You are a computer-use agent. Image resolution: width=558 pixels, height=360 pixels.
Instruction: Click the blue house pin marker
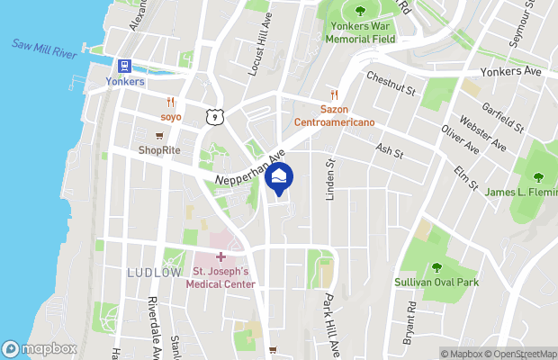point(281,178)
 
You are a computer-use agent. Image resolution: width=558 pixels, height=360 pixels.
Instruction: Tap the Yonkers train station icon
point(124,66)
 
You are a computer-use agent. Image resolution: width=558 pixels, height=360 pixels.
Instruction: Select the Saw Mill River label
point(42,47)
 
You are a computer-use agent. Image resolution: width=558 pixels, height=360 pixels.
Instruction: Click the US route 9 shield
point(213,116)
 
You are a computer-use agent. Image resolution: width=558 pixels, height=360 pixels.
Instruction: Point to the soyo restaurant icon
point(170,102)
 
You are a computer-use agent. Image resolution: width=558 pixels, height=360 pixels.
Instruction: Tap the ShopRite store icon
point(160,136)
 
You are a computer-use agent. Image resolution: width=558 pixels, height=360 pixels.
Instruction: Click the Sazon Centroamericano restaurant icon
point(333,94)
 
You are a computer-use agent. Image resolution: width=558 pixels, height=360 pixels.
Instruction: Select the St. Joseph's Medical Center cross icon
point(220,257)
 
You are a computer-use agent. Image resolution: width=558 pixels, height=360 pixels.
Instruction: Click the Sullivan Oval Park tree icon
point(436,267)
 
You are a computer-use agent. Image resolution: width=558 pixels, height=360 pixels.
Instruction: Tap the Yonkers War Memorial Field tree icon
point(360,11)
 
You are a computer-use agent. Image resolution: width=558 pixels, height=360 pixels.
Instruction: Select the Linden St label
point(330,176)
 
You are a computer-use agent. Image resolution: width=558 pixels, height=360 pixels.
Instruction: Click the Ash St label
point(390,148)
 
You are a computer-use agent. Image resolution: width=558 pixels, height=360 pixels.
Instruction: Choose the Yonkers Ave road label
point(507,71)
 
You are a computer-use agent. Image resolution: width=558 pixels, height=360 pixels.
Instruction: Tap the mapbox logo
point(40,348)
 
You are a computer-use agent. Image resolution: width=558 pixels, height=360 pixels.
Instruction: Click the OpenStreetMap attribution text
point(525,354)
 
